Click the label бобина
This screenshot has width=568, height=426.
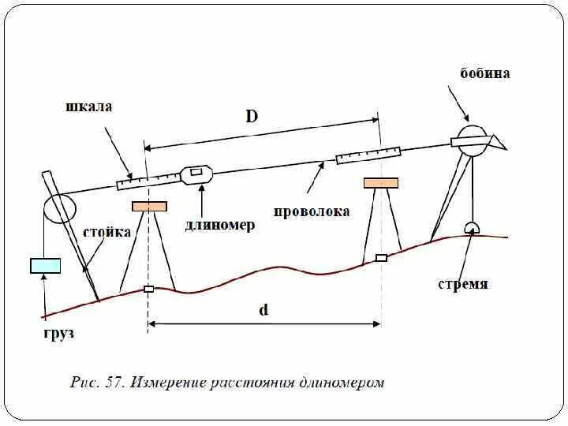click(x=485, y=73)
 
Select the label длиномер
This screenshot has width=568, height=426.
click(x=220, y=226)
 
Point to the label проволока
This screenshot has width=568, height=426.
click(x=312, y=211)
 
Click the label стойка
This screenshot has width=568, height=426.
click(x=106, y=233)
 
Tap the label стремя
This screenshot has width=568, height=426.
click(x=463, y=284)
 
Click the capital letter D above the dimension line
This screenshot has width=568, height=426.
click(x=251, y=117)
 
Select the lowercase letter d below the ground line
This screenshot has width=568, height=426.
click(x=263, y=310)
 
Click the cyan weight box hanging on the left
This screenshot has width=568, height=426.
click(x=45, y=266)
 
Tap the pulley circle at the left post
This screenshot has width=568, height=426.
click(x=59, y=207)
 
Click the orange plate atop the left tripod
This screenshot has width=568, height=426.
click(x=150, y=207)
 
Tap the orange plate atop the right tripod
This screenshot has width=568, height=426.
click(x=381, y=183)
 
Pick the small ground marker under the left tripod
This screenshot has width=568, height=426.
click(x=148, y=289)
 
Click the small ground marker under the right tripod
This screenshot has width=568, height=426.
click(x=381, y=258)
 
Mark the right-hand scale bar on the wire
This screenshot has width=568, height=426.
click(x=368, y=155)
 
